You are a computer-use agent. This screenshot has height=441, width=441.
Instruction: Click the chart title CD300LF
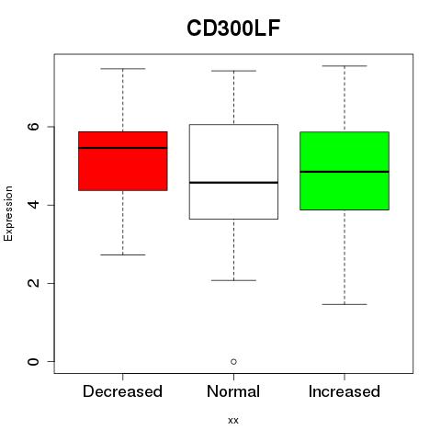point(233,28)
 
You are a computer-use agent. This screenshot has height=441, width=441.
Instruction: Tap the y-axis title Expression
point(8,213)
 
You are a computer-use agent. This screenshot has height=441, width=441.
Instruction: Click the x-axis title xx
point(233,421)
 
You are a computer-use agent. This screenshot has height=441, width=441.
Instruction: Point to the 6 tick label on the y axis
point(33,127)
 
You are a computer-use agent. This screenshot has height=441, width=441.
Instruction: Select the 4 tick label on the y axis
point(33,205)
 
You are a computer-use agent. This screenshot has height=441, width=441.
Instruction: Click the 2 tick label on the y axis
point(33,283)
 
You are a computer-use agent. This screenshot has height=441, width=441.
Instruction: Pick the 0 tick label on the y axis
point(33,361)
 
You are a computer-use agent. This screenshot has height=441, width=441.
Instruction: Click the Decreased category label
point(122,391)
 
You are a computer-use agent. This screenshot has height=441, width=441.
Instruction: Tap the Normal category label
point(233,391)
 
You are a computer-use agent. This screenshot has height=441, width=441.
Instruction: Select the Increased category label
point(345,391)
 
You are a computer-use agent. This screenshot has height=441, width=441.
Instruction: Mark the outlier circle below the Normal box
point(233,362)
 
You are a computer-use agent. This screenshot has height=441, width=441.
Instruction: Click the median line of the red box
point(123,148)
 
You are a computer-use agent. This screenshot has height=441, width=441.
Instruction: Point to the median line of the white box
point(233,183)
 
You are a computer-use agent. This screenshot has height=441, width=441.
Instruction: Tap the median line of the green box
point(345,172)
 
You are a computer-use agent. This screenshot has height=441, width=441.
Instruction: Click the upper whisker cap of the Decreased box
point(123,69)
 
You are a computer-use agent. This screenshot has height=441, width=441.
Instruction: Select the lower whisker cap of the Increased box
point(345,304)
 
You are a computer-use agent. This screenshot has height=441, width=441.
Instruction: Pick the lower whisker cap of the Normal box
point(233,280)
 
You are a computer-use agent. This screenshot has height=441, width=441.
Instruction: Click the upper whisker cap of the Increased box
point(345,66)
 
